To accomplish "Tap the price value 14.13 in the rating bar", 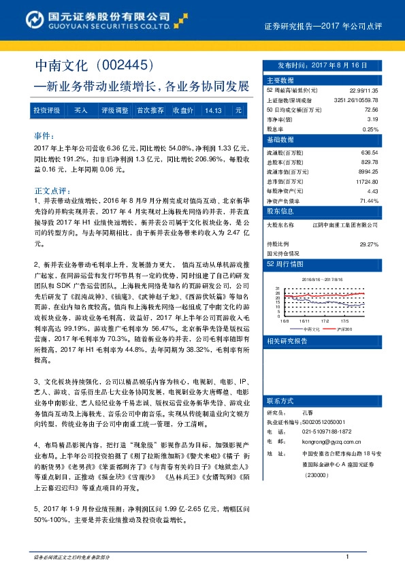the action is point(213,110).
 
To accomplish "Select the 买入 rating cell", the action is point(81,110).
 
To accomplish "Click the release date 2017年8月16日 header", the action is point(322,65).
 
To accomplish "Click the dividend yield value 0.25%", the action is point(370,128).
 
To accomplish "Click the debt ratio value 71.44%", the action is point(368,201).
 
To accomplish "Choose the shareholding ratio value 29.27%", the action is point(368,243).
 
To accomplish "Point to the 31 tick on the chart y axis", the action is point(278,288).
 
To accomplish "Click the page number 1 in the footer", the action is point(347,557).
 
